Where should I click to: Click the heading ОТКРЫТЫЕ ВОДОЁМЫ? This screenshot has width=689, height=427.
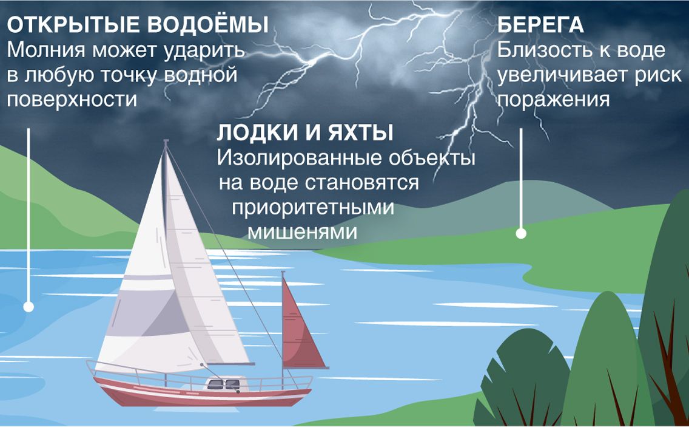[x=138, y=25]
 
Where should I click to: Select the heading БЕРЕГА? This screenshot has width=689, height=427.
[x=540, y=25]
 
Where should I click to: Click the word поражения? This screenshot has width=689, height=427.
[x=554, y=100]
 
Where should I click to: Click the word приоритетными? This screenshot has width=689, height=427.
[x=313, y=207]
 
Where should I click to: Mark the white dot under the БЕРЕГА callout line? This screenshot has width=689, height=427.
[x=521, y=233]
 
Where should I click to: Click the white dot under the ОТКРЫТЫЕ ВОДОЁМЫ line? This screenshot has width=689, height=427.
[x=29, y=306]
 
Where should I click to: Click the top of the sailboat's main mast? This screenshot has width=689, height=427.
[x=166, y=142]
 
